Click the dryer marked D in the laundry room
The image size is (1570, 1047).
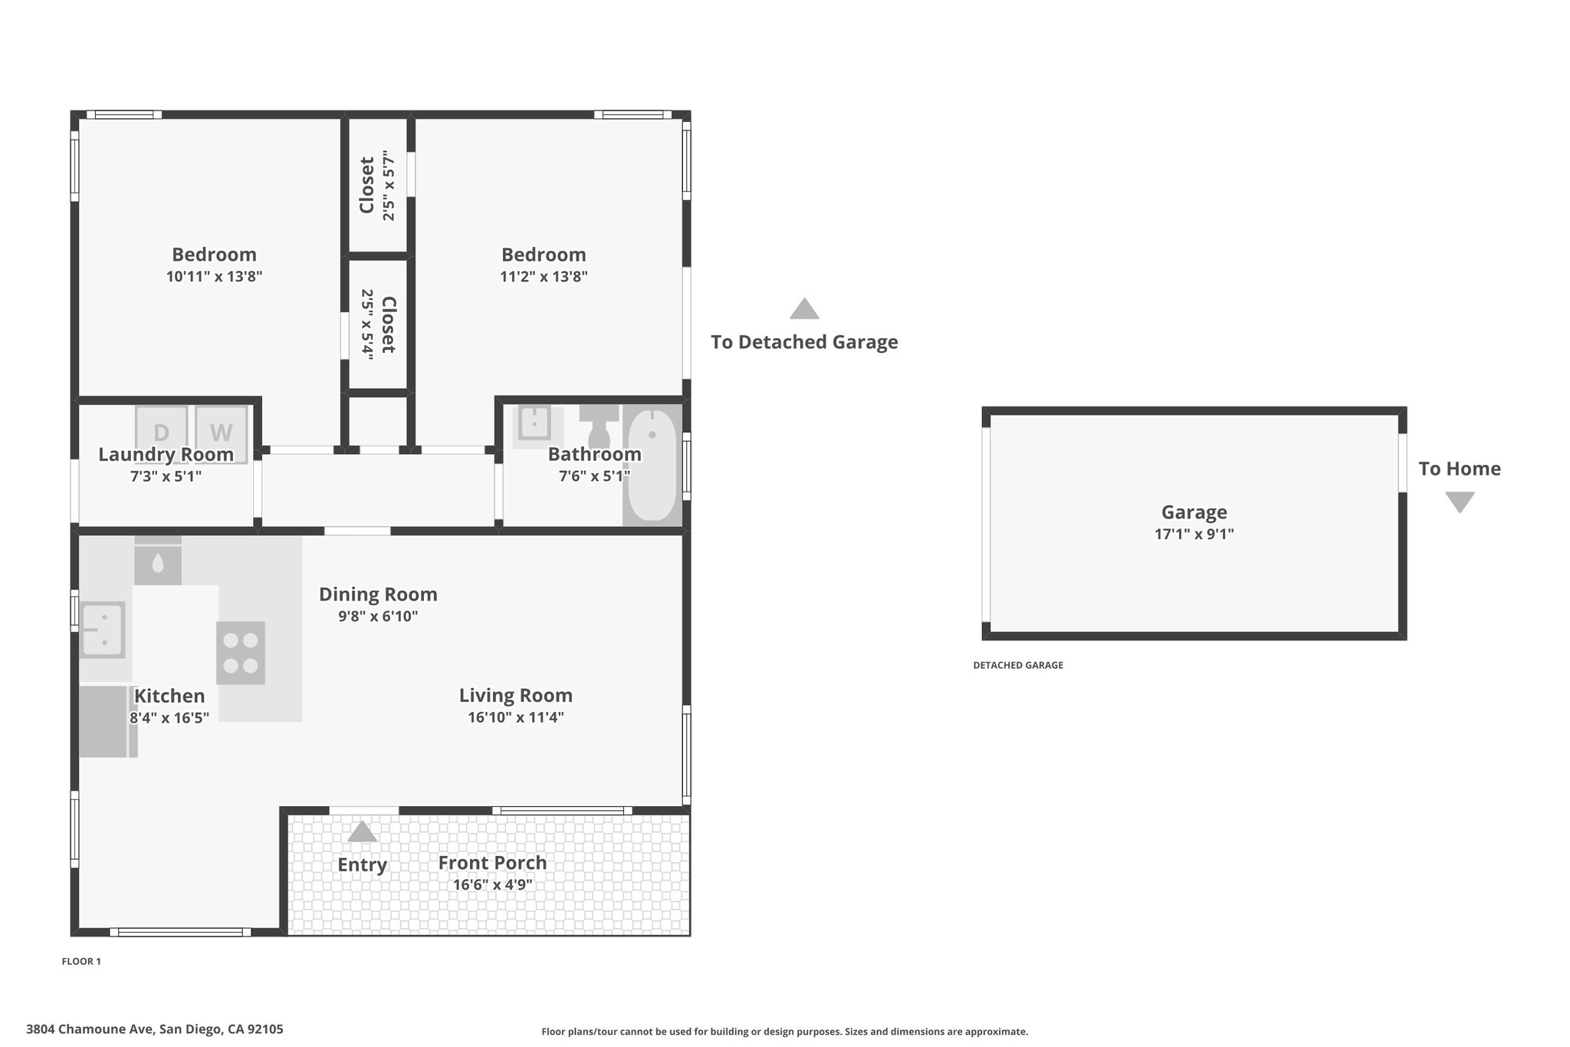coord(162,434)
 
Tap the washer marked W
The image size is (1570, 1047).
coord(222,434)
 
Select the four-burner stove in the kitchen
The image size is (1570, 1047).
coord(241,653)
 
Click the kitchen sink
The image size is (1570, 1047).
coord(103,630)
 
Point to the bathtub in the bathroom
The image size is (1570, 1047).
coord(652,465)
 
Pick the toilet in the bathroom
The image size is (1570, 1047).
coord(599,426)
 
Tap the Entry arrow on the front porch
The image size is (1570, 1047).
coord(362,831)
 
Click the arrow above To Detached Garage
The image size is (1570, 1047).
coord(804,308)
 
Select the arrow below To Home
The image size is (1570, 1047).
coord(1460,502)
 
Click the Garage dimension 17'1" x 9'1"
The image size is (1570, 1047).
coord(1194,534)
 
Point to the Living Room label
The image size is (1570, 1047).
coord(516,695)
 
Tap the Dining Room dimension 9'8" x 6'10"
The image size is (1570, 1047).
coord(378,616)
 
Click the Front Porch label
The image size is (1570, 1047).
coord(492,862)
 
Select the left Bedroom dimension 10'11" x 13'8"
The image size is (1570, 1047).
coord(215,276)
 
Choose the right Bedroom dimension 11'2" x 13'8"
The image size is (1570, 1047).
coord(544,276)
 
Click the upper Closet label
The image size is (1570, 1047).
coord(366,186)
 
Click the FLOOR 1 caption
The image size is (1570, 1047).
coord(81,961)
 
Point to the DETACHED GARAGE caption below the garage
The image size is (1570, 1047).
coord(1018,665)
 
